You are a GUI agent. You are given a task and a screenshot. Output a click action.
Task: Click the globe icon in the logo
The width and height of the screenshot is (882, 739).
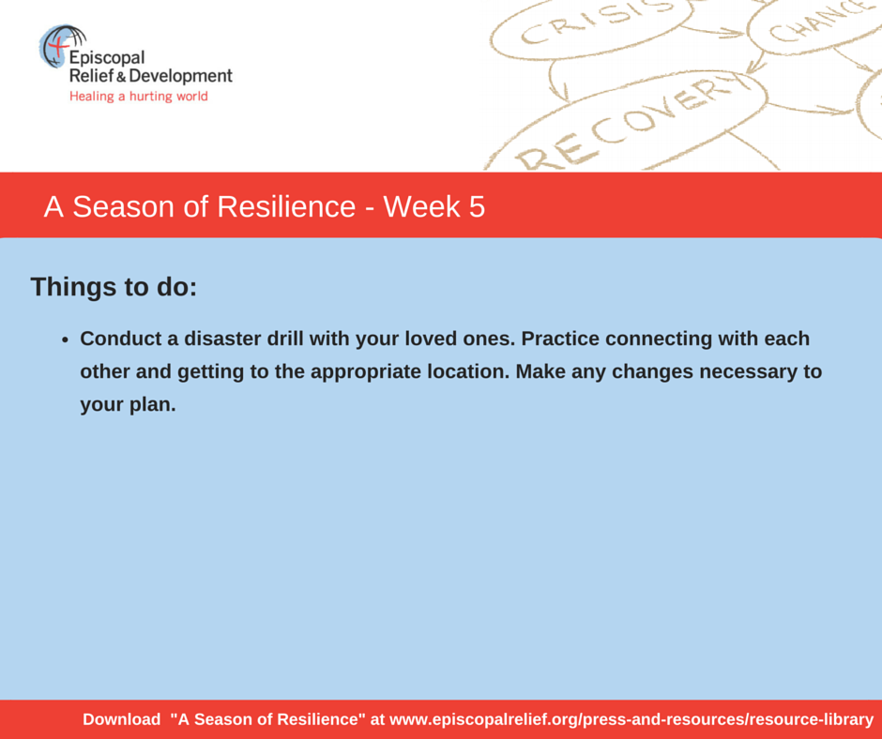point(62,45)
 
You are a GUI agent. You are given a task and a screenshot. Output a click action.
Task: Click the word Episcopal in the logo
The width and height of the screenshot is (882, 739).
point(107,58)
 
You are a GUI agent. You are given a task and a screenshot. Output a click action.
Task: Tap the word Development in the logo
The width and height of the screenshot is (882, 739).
point(180,77)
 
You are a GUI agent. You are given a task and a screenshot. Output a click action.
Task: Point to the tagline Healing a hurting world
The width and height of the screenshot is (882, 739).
point(138,97)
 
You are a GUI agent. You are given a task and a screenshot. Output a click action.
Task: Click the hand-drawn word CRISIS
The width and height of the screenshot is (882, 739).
point(596,23)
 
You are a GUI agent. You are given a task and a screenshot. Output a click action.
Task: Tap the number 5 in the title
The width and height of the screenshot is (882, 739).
point(477,207)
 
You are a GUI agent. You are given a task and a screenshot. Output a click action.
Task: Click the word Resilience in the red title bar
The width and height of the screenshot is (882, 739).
point(286,206)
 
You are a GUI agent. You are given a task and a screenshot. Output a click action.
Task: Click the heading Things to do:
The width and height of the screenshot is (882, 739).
point(114,287)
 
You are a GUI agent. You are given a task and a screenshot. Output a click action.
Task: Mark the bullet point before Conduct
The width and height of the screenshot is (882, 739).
point(66,340)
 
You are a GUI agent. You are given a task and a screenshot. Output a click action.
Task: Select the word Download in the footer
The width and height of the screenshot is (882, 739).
point(121,719)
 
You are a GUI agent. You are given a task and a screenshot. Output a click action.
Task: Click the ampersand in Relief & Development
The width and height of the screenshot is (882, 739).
point(121,78)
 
